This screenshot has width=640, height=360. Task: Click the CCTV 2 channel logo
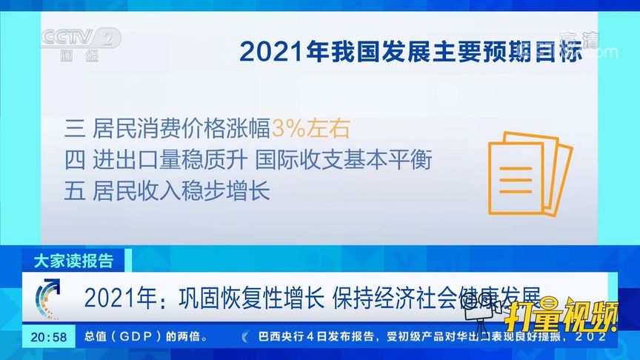point(80,45)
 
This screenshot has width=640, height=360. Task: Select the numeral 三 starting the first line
point(74,127)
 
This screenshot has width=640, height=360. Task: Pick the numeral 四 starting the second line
point(74,159)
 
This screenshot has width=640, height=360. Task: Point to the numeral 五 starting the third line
point(74,191)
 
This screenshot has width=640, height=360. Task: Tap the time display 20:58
point(49,337)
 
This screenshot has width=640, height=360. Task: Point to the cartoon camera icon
point(479,315)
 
